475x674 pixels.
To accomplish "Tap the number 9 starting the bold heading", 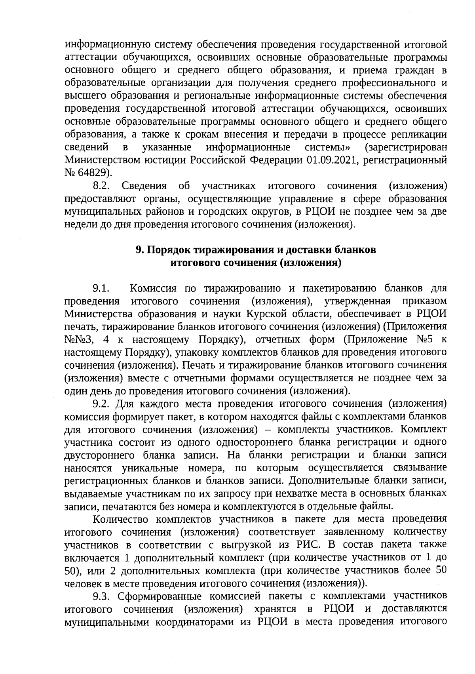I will (x=139, y=250).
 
